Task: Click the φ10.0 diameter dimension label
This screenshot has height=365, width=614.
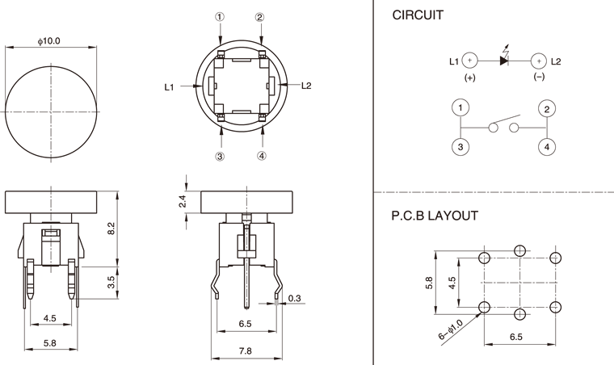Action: pyautogui.click(x=49, y=40)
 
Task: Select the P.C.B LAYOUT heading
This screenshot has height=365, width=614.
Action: pyautogui.click(x=435, y=216)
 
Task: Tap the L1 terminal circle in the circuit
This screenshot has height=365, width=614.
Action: pyautogui.click(x=471, y=61)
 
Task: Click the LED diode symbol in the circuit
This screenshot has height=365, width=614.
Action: pyautogui.click(x=504, y=61)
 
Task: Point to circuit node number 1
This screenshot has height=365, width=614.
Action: pyautogui.click(x=460, y=108)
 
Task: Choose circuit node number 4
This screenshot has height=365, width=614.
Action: pyautogui.click(x=547, y=146)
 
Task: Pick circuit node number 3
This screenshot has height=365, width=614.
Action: pyautogui.click(x=460, y=146)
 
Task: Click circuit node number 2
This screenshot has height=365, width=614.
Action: pyautogui.click(x=547, y=108)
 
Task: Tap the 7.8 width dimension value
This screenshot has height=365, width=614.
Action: pyautogui.click(x=246, y=350)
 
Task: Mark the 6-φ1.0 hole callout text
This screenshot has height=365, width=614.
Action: pyautogui.click(x=449, y=332)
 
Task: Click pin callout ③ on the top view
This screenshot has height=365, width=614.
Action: pyautogui.click(x=220, y=156)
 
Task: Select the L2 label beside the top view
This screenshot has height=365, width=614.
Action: pyautogui.click(x=306, y=85)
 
